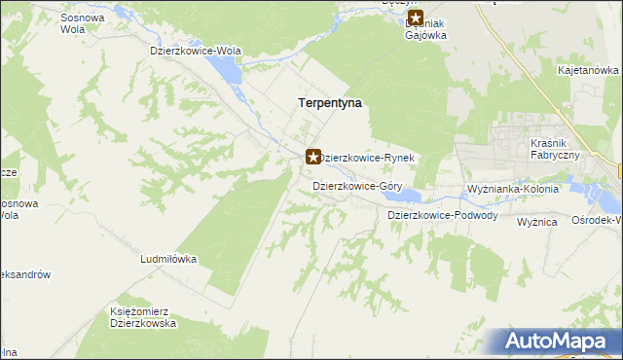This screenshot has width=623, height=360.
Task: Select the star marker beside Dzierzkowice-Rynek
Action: click(x=313, y=156)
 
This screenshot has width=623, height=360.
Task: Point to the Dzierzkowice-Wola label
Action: click(x=195, y=50)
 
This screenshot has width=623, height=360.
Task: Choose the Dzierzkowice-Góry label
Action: click(x=356, y=185)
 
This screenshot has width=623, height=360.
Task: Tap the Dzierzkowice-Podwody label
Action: click(x=443, y=215)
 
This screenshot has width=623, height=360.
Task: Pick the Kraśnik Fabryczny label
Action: click(x=556, y=150)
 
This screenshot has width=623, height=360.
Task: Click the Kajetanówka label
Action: click(x=588, y=71)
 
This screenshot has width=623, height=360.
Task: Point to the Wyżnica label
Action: click(x=536, y=222)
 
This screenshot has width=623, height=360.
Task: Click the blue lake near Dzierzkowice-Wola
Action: click(x=224, y=69)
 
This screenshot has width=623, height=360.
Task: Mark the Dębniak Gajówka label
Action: click(x=426, y=29)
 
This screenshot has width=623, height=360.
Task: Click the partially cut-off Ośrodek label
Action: click(x=596, y=221)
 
